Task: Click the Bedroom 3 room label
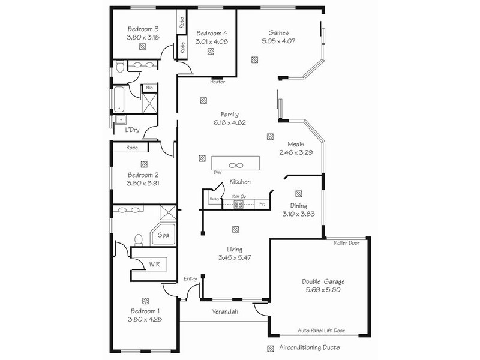143,29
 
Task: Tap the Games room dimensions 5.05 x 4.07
280,41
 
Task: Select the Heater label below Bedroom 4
217,82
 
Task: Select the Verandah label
225,311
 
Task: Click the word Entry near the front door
190,278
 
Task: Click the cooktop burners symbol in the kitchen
238,205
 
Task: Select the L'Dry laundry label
132,130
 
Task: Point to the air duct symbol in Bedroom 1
145,301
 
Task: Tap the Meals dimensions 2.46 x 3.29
296,153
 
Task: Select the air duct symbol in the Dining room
298,193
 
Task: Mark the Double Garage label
323,281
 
